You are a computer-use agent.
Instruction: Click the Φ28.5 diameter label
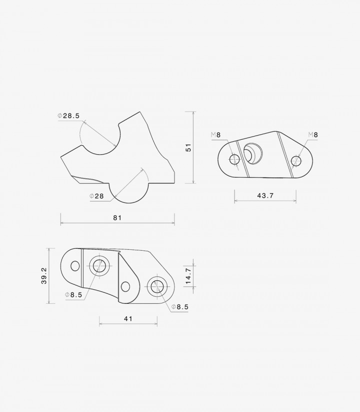(x=68, y=116)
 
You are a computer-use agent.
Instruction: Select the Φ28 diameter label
(x=96, y=196)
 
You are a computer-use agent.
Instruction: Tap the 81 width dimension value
(x=117, y=218)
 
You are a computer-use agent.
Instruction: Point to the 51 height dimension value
(x=188, y=147)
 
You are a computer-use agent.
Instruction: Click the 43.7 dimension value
(x=265, y=196)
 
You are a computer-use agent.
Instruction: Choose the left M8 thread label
(x=215, y=135)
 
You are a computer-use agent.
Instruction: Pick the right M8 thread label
(x=313, y=135)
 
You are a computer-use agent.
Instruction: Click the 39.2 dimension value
(x=44, y=276)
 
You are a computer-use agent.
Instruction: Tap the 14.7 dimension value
(x=188, y=276)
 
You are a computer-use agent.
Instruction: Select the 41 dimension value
(x=128, y=319)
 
